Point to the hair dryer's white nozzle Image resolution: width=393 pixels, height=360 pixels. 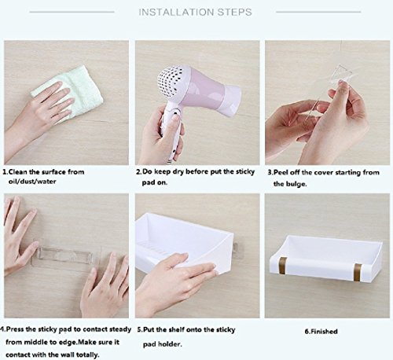point(230,100)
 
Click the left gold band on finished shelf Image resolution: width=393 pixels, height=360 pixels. point(283,265)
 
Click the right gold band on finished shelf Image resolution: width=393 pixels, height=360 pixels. point(358,272)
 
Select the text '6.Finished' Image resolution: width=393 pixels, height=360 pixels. point(321,332)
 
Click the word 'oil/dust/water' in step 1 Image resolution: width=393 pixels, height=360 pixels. point(32,182)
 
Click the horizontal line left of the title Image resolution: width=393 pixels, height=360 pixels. point(72,12)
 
